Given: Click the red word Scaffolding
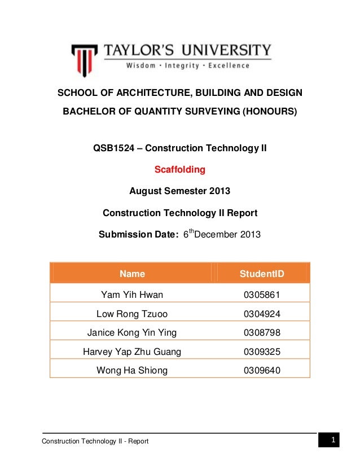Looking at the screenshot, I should point(180,169).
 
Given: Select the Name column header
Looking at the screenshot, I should point(132,274).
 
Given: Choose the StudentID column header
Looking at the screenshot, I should point(262,274).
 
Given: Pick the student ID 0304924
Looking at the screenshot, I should point(262,313).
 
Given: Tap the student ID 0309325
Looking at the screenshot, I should point(262,351).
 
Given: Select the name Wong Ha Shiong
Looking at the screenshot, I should point(132,371).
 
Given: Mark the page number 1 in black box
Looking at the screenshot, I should point(333,439).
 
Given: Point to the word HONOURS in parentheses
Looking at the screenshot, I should point(269,111).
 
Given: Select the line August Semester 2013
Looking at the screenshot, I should point(180,191).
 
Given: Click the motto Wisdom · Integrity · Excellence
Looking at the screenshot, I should point(187,66).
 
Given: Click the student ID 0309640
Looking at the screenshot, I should point(262,371).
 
